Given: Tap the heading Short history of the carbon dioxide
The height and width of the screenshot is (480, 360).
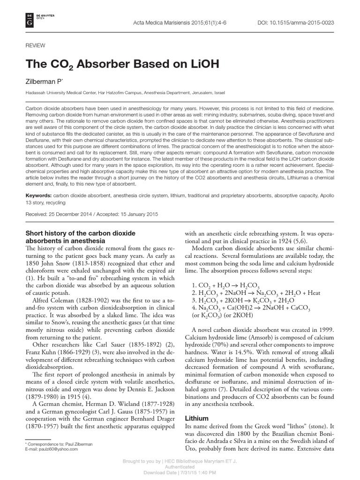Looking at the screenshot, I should [x=80, y=233].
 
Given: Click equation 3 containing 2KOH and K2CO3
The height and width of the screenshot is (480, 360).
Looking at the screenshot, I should [x=239, y=301].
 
